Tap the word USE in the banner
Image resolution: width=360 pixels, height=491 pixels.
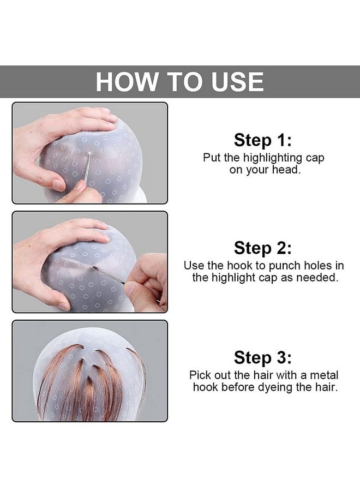tap(234, 82)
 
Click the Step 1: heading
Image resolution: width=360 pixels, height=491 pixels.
tap(263, 140)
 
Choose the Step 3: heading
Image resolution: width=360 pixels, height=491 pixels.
tap(263, 358)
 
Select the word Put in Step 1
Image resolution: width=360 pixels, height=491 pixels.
tap(212, 158)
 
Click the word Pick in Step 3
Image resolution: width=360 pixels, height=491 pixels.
tap(200, 375)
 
